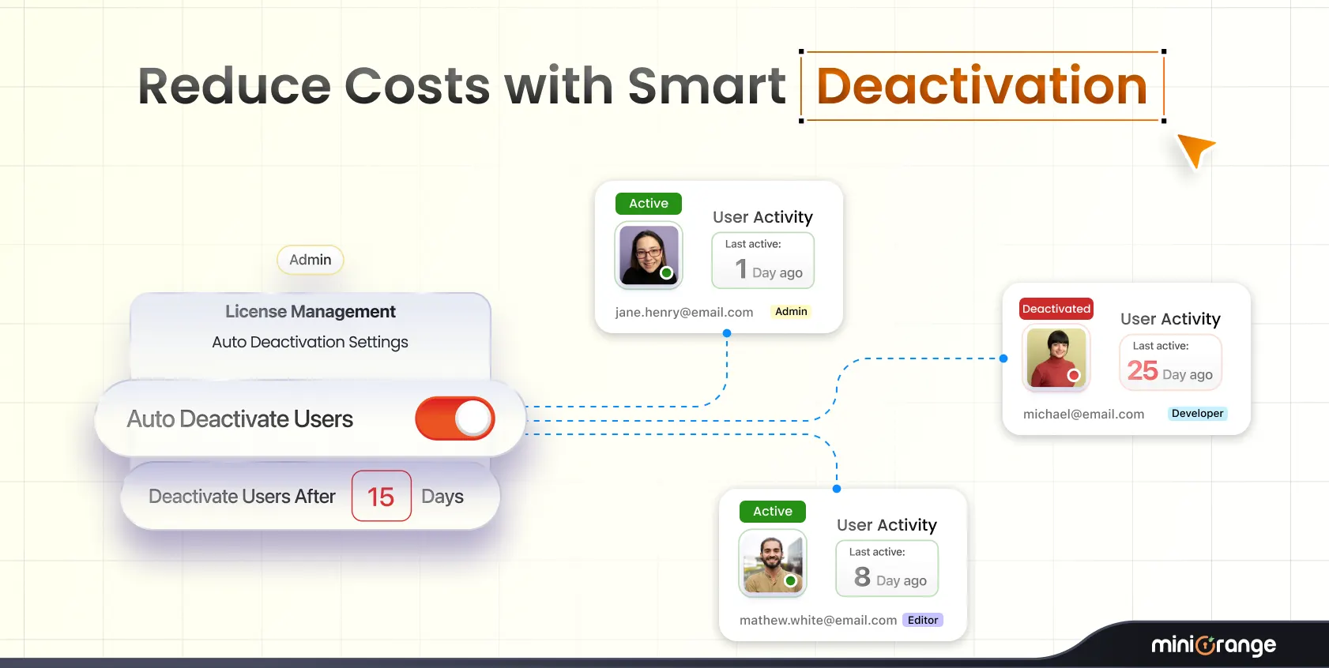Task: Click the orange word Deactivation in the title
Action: point(981,86)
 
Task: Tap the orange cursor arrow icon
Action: point(1195,149)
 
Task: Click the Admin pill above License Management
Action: point(310,260)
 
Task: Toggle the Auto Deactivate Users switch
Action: point(455,418)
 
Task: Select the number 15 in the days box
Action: point(381,497)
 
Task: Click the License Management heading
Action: point(310,312)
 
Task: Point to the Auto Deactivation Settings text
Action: point(310,342)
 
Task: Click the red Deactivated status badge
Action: point(1056,309)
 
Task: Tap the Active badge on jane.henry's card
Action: point(648,204)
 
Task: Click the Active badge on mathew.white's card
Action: point(772,512)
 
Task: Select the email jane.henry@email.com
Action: point(683,313)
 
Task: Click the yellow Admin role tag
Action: point(791,312)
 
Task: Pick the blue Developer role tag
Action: point(1197,414)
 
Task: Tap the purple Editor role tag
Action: point(922,621)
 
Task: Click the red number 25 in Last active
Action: point(1143,370)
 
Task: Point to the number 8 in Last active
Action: point(862,577)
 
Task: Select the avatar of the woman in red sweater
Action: point(1056,358)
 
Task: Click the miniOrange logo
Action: point(1213,645)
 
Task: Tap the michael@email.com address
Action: point(1083,415)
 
